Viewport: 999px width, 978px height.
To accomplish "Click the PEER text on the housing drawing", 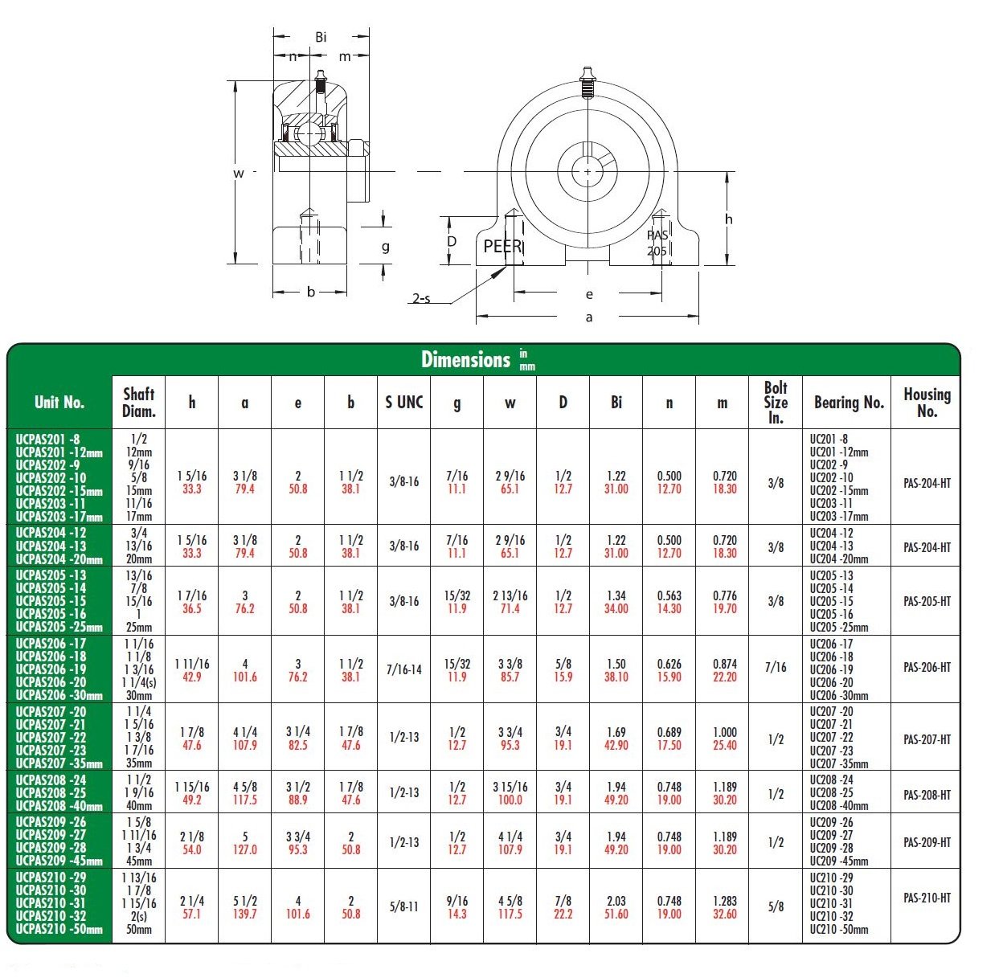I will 502,247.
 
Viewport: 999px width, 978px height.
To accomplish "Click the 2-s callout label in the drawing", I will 421,299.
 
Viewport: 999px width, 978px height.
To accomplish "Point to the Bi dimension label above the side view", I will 321,37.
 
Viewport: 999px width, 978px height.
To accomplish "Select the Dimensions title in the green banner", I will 466,359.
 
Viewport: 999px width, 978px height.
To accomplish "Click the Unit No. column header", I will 59,402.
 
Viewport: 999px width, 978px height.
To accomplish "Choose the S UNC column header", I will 403,402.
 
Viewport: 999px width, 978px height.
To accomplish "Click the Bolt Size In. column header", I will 776,402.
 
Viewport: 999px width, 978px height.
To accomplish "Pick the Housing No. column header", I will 927,402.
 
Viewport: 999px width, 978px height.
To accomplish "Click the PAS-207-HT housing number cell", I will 927,739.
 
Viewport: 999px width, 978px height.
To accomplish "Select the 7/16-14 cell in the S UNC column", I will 403,669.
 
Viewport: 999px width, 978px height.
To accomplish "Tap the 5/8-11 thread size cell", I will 403,906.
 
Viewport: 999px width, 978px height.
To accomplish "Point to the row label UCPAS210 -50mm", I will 59,929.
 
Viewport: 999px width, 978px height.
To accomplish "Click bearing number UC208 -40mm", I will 838,805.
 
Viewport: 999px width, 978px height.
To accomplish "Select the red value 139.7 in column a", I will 245,914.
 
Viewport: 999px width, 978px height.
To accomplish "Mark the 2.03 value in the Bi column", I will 616,901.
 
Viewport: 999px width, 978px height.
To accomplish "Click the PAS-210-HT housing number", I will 927,898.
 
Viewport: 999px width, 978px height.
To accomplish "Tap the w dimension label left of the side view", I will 239,173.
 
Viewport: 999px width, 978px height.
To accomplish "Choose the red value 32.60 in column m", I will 725,914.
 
